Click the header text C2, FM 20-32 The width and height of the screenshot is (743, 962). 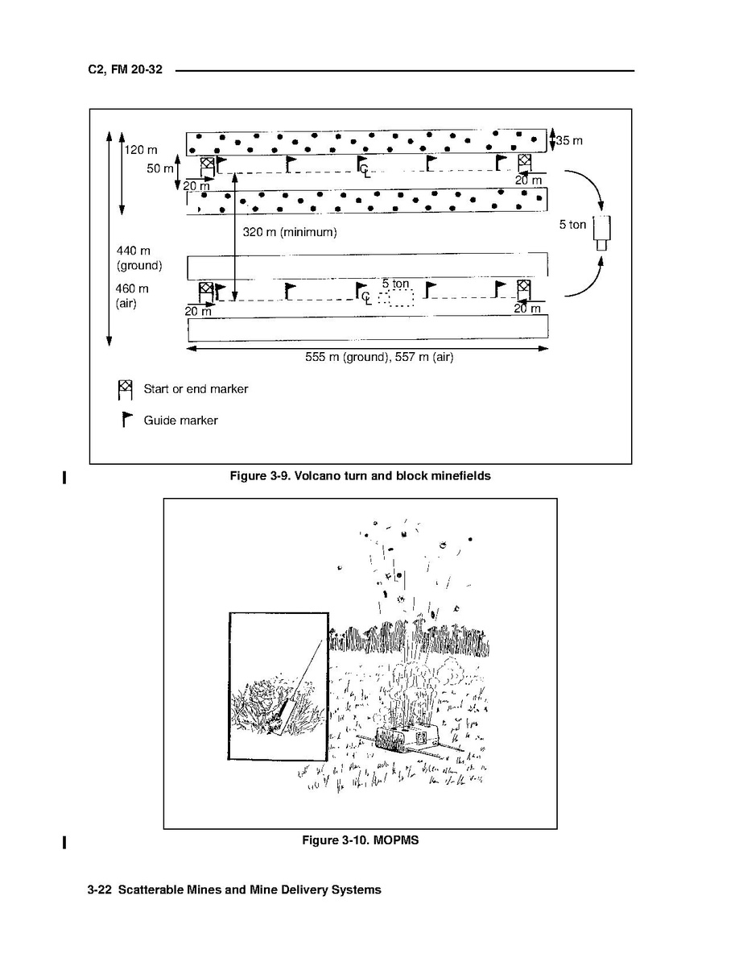tap(126, 71)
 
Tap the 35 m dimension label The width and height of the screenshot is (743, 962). tap(569, 141)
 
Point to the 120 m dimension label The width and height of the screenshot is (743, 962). tap(141, 150)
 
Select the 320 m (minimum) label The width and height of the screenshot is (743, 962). tap(289, 232)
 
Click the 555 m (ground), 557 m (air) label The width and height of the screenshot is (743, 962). tap(379, 357)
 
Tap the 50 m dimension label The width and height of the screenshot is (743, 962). tap(159, 169)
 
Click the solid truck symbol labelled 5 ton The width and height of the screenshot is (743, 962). tap(602, 232)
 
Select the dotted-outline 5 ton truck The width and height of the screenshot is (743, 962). tap(396, 298)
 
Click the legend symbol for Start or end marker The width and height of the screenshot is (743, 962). tap(125, 390)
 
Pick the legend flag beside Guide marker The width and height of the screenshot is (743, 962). tap(126, 420)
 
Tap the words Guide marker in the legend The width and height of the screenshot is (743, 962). tap(180, 421)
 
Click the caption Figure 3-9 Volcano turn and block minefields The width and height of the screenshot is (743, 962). tap(360, 476)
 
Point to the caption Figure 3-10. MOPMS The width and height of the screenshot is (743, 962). tap(360, 840)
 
